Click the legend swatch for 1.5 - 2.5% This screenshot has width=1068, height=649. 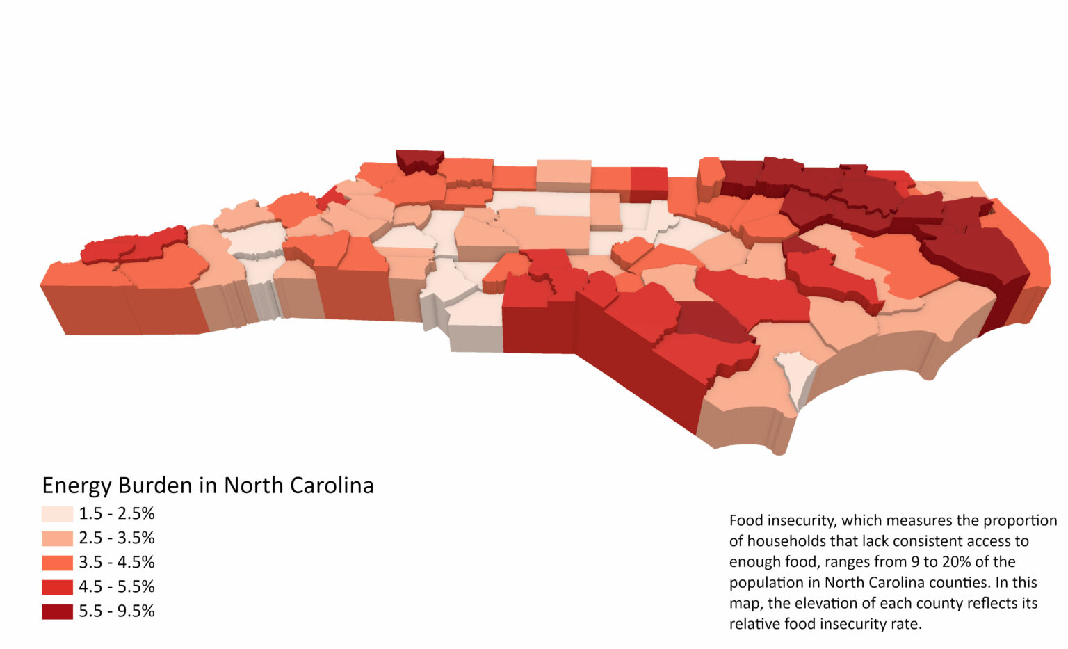click(57, 514)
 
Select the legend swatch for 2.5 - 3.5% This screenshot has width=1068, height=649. click(57, 538)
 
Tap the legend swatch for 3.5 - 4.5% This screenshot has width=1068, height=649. click(57, 563)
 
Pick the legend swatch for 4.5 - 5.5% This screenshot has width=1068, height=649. click(57, 587)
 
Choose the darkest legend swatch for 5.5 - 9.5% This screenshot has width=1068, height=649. click(57, 611)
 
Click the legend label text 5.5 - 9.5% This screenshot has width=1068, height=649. click(116, 611)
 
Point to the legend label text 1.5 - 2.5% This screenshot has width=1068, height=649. click(116, 514)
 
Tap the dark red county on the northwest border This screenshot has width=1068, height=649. click(420, 159)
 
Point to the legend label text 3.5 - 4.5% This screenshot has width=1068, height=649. click(116, 563)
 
